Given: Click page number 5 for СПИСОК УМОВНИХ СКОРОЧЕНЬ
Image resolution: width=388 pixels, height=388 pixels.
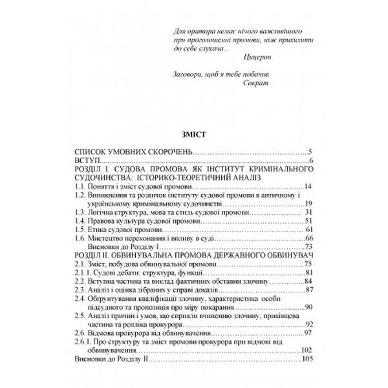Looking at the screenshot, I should (x=310, y=151).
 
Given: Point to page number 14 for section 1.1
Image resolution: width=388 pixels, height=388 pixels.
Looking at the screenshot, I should (x=308, y=187).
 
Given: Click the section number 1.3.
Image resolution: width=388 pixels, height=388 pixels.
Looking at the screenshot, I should (x=80, y=211).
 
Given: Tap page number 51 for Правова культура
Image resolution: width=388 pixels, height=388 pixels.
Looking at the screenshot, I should (x=308, y=221).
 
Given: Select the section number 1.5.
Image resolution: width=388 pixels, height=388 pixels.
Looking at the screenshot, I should (x=80, y=229).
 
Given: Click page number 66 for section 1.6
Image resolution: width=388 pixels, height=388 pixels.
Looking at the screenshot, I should (x=308, y=238).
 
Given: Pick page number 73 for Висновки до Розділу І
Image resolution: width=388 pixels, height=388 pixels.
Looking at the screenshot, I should (x=308, y=246).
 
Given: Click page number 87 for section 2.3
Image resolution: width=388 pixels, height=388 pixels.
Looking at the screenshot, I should (x=308, y=290).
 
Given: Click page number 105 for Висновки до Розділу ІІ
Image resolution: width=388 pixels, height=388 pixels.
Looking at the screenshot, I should (x=306, y=359).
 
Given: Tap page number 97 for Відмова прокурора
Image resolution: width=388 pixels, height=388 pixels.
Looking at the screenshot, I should (x=308, y=332).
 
